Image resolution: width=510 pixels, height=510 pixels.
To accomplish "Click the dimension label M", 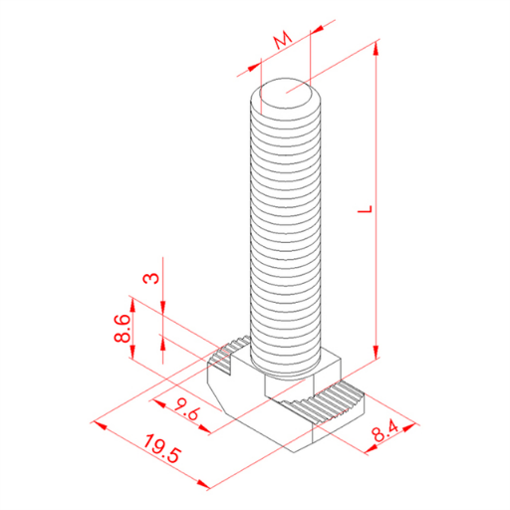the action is point(283,41).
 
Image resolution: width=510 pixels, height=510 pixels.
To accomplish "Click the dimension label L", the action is point(365,209).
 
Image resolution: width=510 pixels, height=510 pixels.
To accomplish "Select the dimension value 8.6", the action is point(122,329).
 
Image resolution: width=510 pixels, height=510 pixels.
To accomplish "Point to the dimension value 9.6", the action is point(187,409).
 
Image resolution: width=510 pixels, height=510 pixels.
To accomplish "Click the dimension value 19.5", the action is point(162,448).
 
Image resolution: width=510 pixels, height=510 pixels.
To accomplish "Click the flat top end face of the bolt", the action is point(286,94).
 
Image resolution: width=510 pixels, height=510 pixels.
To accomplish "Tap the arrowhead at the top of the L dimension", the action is point(376,48).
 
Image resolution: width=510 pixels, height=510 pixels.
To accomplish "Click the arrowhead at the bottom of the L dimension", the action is point(376,352).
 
